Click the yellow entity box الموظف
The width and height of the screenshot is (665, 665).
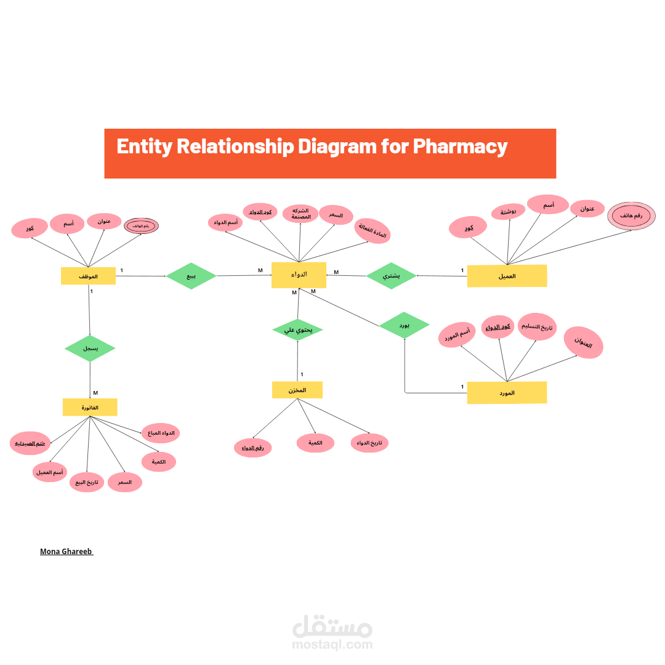88,276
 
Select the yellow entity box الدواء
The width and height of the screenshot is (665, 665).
299,275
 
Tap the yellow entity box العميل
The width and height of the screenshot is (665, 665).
507,276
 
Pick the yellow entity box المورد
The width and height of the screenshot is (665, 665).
507,392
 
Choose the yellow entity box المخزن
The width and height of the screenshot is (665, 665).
297,390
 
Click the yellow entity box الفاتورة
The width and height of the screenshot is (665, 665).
90,407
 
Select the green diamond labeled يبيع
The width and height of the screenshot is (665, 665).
191,276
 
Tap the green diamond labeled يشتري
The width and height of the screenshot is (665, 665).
391,276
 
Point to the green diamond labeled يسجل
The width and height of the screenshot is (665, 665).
90,349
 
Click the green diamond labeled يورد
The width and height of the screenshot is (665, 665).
404,324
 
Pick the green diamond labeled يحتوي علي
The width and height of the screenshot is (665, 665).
298,329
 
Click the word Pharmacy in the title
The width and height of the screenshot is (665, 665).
459,147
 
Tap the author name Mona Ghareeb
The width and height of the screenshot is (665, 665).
66,552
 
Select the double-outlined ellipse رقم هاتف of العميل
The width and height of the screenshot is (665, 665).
632,216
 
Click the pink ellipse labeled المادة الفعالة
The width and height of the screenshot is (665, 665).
373,232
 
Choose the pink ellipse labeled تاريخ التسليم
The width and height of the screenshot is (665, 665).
538,327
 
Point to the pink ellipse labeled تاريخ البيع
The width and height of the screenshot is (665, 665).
87,483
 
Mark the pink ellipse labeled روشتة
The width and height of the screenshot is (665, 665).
509,212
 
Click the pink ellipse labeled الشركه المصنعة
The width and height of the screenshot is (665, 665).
300,214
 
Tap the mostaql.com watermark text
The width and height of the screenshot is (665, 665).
332,645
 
